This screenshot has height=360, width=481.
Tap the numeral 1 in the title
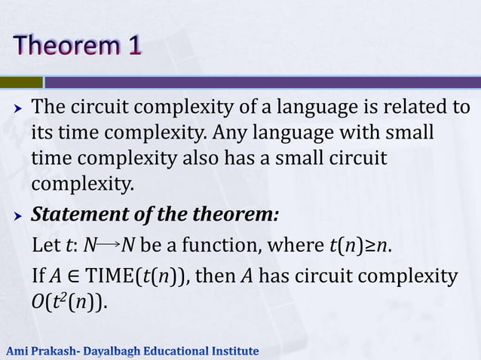133,46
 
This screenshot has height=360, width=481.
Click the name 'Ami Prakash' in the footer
37,351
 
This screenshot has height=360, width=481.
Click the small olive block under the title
21,81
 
